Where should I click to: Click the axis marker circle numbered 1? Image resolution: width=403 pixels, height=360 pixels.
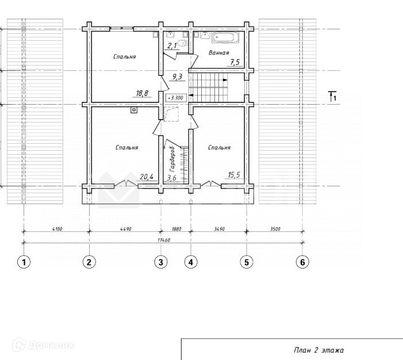pos(24,262)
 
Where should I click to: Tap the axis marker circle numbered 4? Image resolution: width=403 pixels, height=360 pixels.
pos(191,262)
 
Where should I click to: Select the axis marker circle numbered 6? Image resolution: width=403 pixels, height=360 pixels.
pos(302,262)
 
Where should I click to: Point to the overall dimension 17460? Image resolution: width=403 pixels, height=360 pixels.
pos(164,240)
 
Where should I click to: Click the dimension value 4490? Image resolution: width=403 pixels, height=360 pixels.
pos(126,229)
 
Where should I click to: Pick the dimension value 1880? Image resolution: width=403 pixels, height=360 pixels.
pos(176,229)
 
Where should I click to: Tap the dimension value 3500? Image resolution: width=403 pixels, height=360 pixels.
pos(275,229)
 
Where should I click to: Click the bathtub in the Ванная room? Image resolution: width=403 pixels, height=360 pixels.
pos(225,38)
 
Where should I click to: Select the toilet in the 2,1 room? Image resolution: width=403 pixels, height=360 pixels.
pos(183,43)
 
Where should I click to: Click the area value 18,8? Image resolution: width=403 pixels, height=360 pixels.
pos(142,93)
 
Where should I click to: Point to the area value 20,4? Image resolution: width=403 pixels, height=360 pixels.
pos(147,177)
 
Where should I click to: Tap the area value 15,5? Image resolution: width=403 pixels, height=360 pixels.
pos(234,175)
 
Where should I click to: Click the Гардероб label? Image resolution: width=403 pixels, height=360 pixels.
pos(172,159)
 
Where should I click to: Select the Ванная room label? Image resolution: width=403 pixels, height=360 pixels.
pos(218,53)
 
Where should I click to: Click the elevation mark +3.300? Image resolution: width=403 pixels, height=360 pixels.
pos(176,98)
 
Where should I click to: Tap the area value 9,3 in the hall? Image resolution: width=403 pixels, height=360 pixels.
pos(177,76)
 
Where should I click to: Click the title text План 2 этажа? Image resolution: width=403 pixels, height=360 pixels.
pos(318,350)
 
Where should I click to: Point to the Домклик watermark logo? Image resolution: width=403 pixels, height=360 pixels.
pos(43,345)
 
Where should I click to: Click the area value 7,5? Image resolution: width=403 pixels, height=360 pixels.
pos(235,62)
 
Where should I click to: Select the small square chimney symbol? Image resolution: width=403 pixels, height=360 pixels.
pos(133,110)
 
